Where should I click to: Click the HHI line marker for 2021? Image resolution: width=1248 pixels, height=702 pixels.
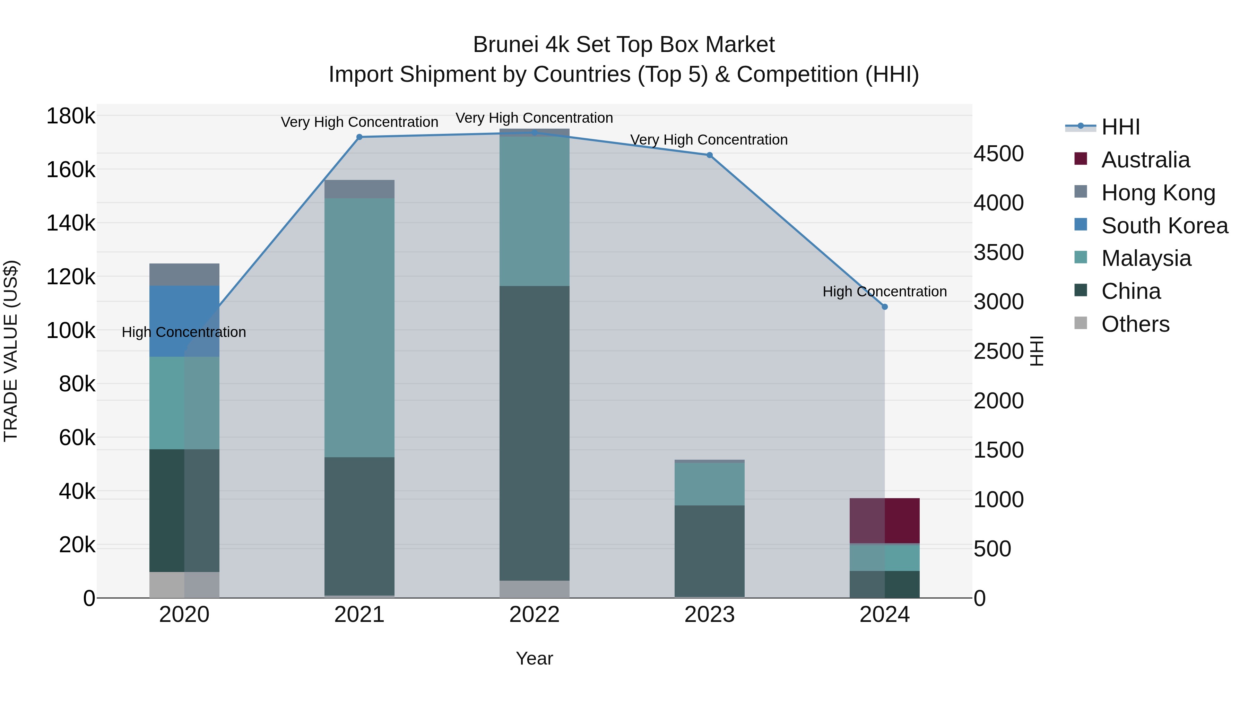(359, 137)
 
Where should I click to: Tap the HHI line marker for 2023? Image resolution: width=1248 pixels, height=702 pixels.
(709, 155)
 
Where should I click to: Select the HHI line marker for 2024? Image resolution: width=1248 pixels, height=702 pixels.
(885, 307)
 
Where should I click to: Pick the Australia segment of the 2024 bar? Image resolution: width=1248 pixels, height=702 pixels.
(885, 520)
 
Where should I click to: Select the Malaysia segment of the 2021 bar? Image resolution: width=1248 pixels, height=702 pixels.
(359, 328)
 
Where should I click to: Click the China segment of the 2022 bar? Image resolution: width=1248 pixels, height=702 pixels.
(534, 433)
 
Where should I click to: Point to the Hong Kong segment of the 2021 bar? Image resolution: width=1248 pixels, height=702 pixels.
(359, 189)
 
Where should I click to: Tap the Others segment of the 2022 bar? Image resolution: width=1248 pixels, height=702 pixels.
(534, 589)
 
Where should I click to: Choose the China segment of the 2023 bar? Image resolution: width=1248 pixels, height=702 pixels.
(709, 551)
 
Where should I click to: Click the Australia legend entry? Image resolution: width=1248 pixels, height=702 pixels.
(1145, 160)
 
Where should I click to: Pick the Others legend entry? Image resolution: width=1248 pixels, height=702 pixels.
(1135, 324)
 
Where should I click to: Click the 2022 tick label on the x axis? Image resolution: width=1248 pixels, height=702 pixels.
(534, 615)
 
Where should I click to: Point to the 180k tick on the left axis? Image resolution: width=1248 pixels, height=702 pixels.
(71, 116)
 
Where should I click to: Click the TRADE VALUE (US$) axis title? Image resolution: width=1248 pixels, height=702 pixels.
(11, 351)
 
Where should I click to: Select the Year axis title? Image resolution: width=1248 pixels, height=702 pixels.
(534, 658)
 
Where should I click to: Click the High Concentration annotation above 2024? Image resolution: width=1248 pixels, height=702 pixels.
(885, 292)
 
